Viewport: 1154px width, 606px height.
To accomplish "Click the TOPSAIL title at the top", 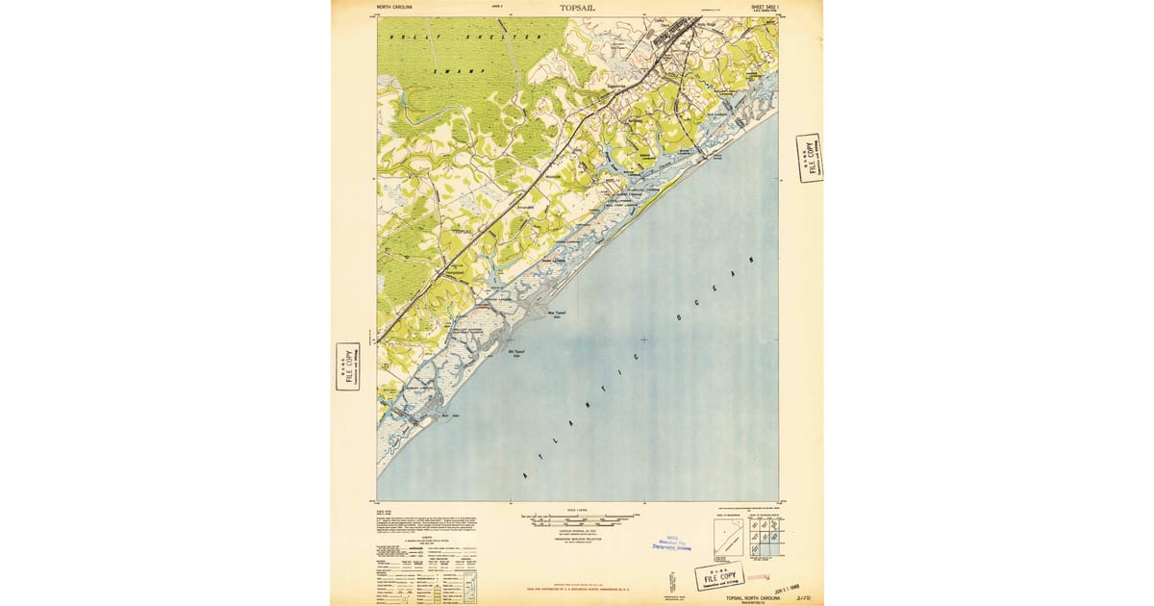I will [x=577, y=8].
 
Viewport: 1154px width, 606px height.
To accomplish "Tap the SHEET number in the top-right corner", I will [x=759, y=7].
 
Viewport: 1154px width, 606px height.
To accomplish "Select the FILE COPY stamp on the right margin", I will [x=810, y=157].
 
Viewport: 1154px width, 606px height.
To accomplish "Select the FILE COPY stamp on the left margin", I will [x=347, y=366].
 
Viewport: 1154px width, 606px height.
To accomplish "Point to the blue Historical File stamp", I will [x=673, y=544].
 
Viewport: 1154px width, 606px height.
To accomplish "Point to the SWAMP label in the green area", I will [x=447, y=72].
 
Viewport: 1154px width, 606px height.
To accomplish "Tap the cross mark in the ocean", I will [x=643, y=339].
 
